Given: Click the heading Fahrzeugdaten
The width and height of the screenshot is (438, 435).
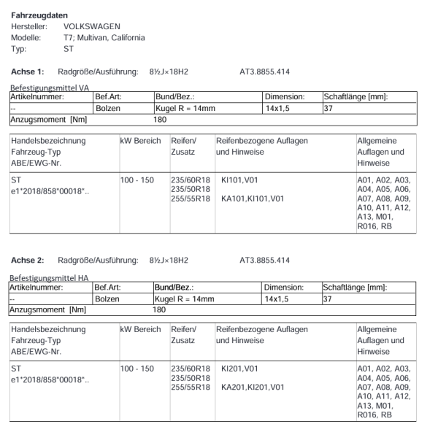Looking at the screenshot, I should (38, 15).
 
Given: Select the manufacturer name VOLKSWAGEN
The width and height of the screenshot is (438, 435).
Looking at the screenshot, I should (92, 26).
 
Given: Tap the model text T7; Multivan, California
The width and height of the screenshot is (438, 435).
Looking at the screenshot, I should (104, 37).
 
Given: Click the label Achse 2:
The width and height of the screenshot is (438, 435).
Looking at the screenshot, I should (28, 261).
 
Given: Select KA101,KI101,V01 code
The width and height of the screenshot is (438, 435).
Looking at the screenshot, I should (253, 198).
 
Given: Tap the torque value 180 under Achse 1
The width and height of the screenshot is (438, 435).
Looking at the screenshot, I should (160, 119).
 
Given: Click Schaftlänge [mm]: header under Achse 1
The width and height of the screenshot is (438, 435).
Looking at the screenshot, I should (356, 96).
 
